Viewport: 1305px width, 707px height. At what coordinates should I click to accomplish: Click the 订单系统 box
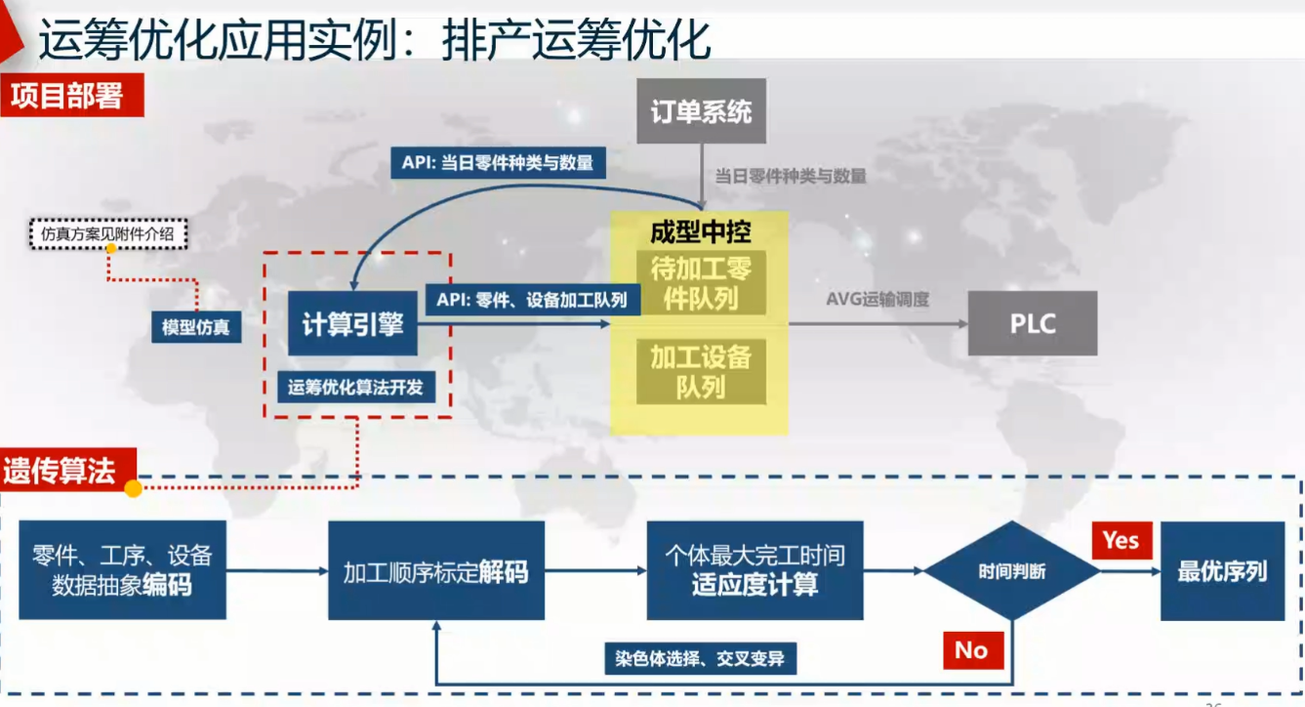coord(701,111)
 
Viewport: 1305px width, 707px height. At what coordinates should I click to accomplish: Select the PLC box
coord(1033,323)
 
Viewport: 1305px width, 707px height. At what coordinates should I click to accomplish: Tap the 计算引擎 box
coord(352,324)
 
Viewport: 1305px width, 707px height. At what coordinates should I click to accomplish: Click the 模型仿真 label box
coord(196,327)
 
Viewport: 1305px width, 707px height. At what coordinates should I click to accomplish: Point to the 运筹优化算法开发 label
coord(356,387)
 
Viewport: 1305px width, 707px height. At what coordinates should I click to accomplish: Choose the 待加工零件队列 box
coord(701,283)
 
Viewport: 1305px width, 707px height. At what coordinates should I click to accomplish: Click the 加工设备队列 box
coord(701,371)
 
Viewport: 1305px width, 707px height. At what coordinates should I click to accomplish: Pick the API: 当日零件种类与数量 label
coord(498,162)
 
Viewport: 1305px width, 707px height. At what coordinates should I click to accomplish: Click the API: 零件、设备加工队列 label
coord(532,300)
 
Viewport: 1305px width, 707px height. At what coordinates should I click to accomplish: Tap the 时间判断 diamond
coord(1012,571)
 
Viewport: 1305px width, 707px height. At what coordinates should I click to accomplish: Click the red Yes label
coord(1121,540)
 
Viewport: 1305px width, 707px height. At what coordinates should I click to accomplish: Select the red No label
coord(971,649)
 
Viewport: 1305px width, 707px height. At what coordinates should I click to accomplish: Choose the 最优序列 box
coord(1222,571)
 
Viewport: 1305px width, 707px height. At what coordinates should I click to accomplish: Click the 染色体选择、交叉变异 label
coord(700,658)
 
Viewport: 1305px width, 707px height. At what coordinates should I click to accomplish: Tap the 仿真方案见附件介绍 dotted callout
coord(108,234)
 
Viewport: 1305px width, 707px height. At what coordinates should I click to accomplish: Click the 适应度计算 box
coord(754,571)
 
